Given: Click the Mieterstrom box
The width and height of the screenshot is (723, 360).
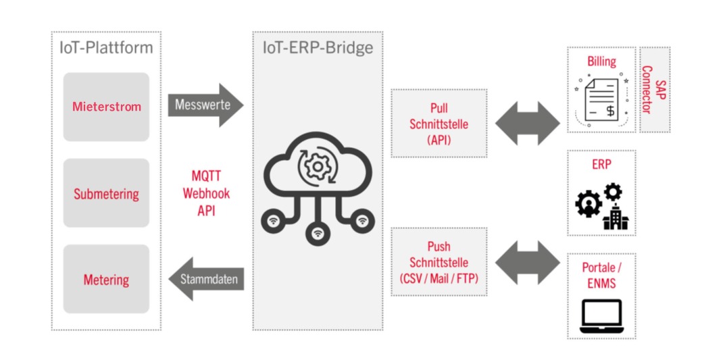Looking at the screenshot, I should (x=106, y=107).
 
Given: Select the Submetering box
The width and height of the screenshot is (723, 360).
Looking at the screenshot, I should (x=106, y=194).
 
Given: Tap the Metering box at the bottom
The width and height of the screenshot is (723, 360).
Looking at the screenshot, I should (x=106, y=279).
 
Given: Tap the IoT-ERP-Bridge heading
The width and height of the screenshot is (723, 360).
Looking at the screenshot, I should (x=318, y=48).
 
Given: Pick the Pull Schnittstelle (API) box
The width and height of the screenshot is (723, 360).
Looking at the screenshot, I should (x=439, y=124).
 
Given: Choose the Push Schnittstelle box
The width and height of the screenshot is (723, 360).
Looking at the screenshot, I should (x=439, y=262).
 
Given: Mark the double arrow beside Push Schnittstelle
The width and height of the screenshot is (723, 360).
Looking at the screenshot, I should (x=528, y=262).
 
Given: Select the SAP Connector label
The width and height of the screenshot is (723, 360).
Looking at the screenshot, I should (x=654, y=89).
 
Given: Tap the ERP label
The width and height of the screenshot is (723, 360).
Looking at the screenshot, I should (x=601, y=165).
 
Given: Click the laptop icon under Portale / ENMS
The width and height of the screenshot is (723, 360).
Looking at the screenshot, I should (x=601, y=317).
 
